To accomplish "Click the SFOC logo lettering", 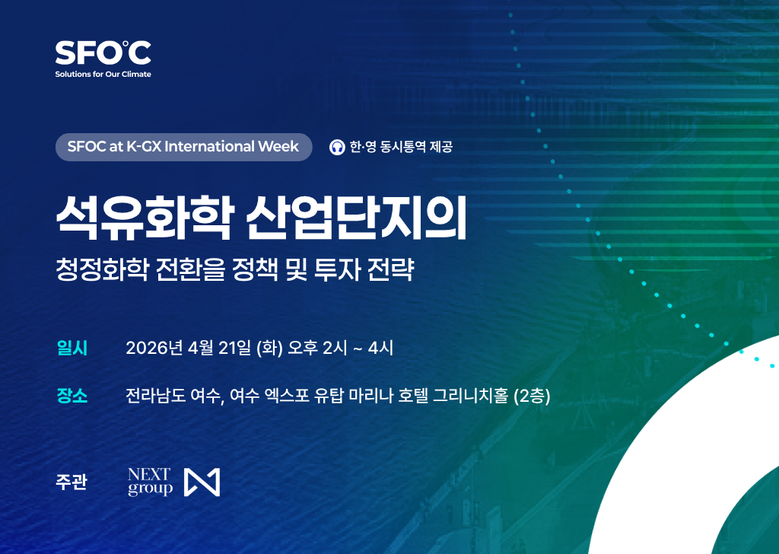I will coord(103,53).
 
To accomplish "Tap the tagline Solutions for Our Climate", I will coord(103,75).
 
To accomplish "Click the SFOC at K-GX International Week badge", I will coord(183,147).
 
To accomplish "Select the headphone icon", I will coord(337,147).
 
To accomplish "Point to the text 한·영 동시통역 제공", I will coord(401,147).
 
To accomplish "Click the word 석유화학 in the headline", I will coord(141,218).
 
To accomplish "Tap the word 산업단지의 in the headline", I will coord(355,218).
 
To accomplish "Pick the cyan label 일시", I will coord(72,349).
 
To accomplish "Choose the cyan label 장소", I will coord(72,396).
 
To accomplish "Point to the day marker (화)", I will coord(270,349).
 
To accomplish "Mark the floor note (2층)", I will coord(532,396).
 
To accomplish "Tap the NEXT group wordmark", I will coord(150,482).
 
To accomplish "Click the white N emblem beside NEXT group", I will coord(203,482).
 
